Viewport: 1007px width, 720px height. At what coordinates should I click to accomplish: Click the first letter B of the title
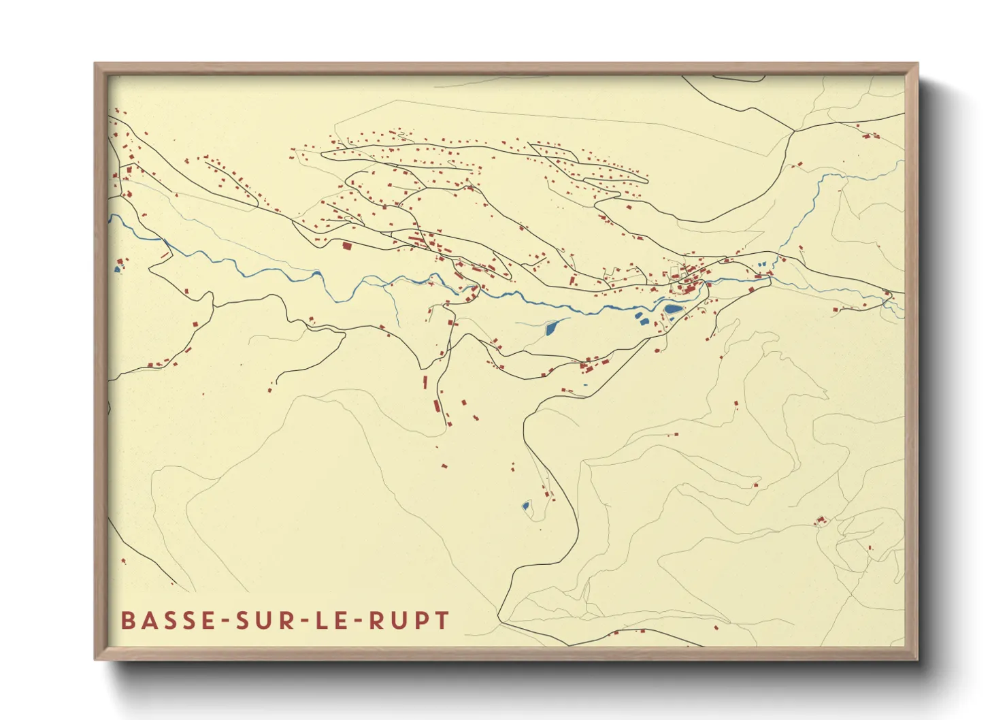tap(127, 621)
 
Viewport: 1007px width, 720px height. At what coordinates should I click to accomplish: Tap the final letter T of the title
tap(442, 621)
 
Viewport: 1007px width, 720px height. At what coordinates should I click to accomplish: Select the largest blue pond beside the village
tap(672, 309)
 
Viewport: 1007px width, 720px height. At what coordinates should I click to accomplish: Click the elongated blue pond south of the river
tap(552, 328)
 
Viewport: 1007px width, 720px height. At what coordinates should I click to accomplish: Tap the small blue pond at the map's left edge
tap(118, 269)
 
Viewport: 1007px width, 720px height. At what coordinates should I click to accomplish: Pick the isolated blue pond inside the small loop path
tap(525, 506)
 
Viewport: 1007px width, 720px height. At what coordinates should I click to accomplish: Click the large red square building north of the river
tap(346, 246)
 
